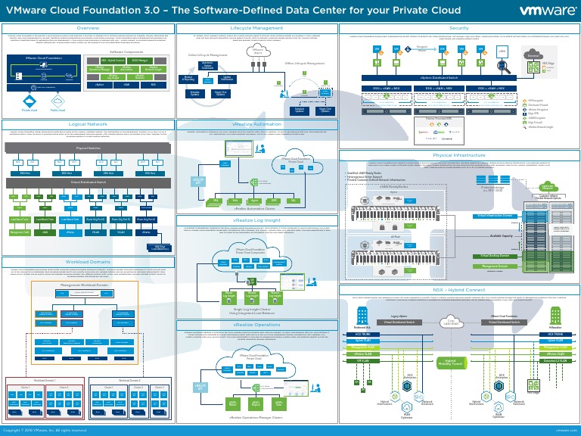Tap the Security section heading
tap(458, 27)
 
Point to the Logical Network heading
tap(88, 123)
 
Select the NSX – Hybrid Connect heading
tap(458, 289)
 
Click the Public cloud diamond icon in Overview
tap(57, 100)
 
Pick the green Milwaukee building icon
tap(540, 319)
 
